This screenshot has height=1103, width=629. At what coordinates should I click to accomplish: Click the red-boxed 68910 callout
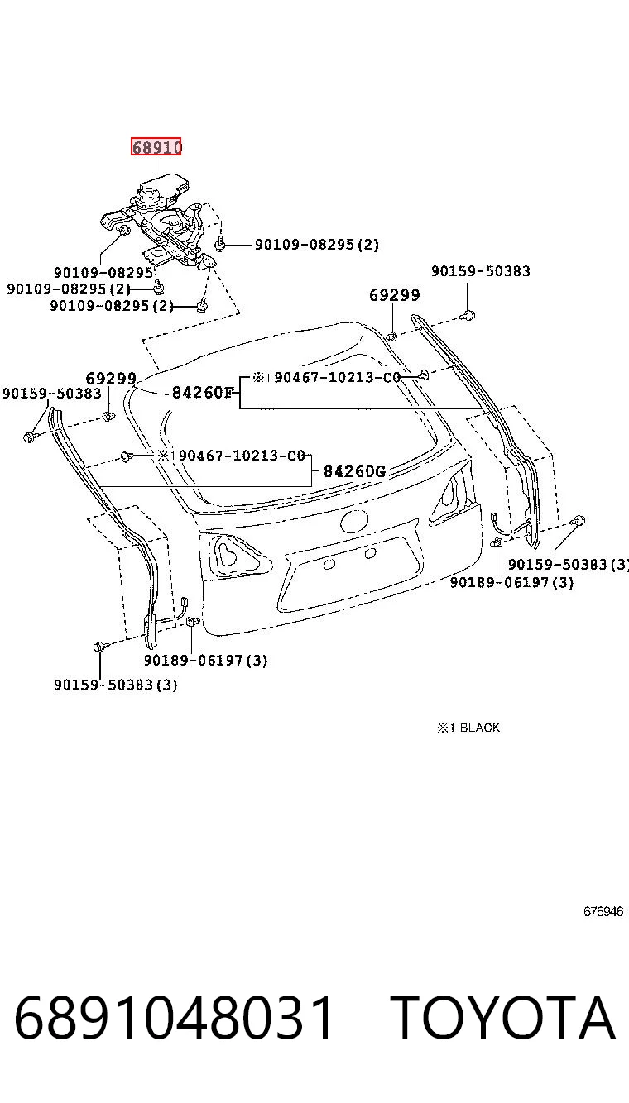point(156,146)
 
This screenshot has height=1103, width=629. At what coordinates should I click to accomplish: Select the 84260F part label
point(203,393)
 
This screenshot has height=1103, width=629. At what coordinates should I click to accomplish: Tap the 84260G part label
point(354,471)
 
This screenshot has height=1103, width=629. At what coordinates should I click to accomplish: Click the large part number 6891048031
point(174,1017)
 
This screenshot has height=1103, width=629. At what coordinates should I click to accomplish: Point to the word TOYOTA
point(502,1017)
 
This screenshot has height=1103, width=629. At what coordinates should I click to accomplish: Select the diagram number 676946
point(603,911)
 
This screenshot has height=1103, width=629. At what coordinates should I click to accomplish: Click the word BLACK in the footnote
point(480,728)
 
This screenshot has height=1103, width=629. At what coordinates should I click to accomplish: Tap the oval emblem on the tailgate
point(354,520)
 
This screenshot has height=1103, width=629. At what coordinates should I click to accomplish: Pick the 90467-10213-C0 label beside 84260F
point(337,377)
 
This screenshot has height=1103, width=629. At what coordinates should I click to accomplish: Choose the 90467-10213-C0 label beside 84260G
point(242,456)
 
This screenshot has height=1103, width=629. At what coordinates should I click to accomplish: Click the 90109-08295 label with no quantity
point(103,272)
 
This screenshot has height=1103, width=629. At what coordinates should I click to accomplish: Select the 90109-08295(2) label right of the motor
point(316,244)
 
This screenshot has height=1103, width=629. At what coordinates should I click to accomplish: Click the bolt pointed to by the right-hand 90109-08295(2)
point(220,244)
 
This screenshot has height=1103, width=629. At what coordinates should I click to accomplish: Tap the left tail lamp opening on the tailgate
point(235,555)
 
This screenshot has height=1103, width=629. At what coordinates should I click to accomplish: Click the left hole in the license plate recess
point(329,564)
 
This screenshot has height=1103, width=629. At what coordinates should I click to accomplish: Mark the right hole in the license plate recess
point(371,553)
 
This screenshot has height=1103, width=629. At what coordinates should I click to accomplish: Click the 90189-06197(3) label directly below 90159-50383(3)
point(511,583)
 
